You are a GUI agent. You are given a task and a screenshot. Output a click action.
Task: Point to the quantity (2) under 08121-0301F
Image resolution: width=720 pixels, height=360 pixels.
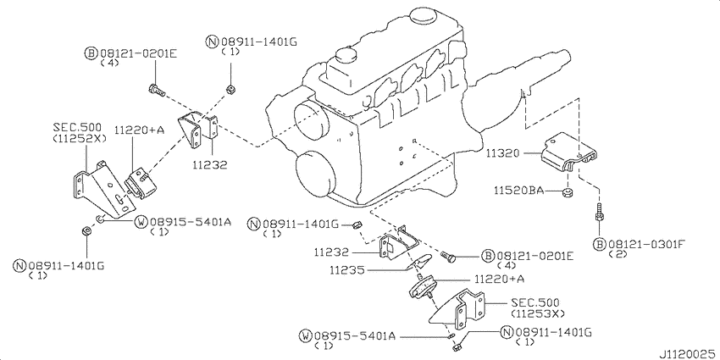617,255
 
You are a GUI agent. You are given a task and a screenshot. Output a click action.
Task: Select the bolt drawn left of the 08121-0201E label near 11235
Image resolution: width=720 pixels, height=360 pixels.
450,255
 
